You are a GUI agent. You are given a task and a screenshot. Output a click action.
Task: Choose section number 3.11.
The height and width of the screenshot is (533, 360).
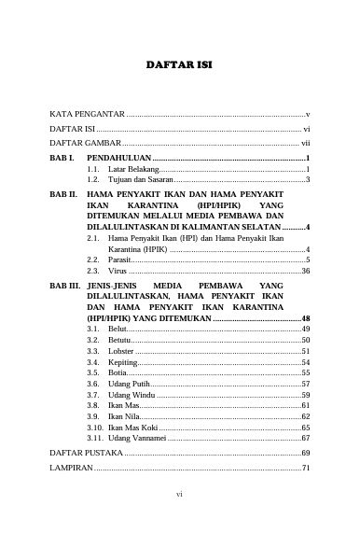(x=94, y=437)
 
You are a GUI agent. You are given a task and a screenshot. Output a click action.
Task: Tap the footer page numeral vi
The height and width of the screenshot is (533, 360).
(x=180, y=513)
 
